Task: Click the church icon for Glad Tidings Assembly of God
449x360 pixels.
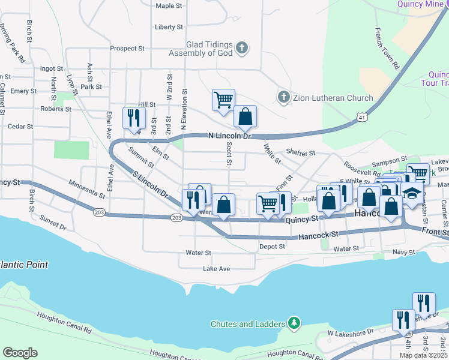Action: click(x=242, y=48)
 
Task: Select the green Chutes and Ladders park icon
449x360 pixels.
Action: click(x=294, y=324)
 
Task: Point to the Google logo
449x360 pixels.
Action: click(x=20, y=352)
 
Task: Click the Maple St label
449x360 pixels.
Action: click(x=169, y=6)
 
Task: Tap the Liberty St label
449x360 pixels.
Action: click(x=169, y=27)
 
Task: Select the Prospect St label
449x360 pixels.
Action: click(x=127, y=49)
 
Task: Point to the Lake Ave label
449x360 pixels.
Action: click(x=216, y=269)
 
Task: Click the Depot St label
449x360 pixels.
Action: click(x=272, y=247)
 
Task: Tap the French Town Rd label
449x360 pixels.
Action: click(x=387, y=49)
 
